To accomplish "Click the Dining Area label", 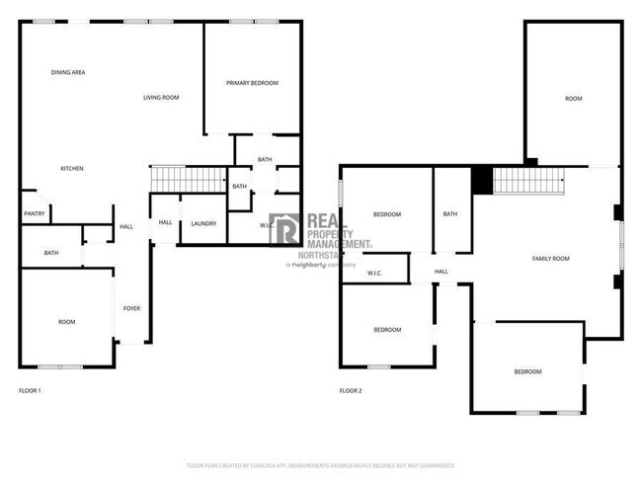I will (68, 72).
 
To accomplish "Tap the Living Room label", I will (161, 97).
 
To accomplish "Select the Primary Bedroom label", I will (252, 83).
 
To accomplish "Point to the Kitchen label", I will (71, 169).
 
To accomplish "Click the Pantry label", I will (33, 213).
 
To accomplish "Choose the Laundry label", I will (204, 223).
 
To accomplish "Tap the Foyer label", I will (131, 308).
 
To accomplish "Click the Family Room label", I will (551, 259).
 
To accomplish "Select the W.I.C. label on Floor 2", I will (375, 273).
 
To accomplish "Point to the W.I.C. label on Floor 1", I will (267, 225).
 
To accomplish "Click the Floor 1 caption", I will (31, 391).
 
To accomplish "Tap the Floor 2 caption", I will (351, 391).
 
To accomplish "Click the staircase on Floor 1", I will (188, 179).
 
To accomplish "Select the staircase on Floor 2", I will (526, 181).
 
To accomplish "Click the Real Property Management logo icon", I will (285, 229).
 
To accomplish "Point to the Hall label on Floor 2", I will (441, 272).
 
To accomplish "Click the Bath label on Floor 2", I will (450, 214).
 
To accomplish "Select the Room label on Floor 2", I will (574, 99).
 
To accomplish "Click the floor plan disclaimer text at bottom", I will (320, 464).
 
